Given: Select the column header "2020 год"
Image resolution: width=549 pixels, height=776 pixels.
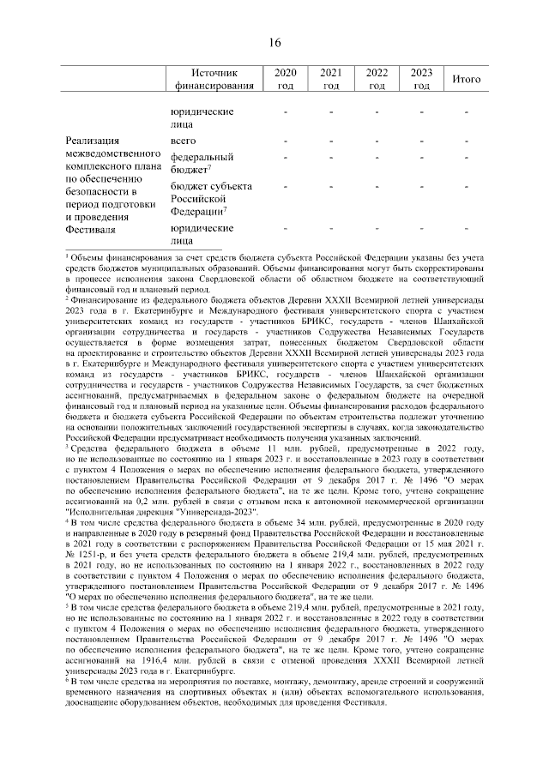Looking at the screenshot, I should click(x=285, y=79).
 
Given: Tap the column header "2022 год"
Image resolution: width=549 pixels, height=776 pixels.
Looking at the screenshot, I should click(x=376, y=79).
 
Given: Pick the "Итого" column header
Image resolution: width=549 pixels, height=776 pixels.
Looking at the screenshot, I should click(x=466, y=79).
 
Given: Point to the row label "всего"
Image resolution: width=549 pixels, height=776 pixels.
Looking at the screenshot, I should click(x=183, y=140).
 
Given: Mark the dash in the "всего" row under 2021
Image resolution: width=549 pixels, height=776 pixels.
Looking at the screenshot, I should click(x=330, y=140).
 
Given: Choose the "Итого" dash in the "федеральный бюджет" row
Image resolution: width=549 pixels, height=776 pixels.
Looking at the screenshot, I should click(x=466, y=158).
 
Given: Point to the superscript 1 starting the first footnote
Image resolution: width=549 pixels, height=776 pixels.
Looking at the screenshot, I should click(x=68, y=256).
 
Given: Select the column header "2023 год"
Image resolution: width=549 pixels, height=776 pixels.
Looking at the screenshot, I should click(x=420, y=79).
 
